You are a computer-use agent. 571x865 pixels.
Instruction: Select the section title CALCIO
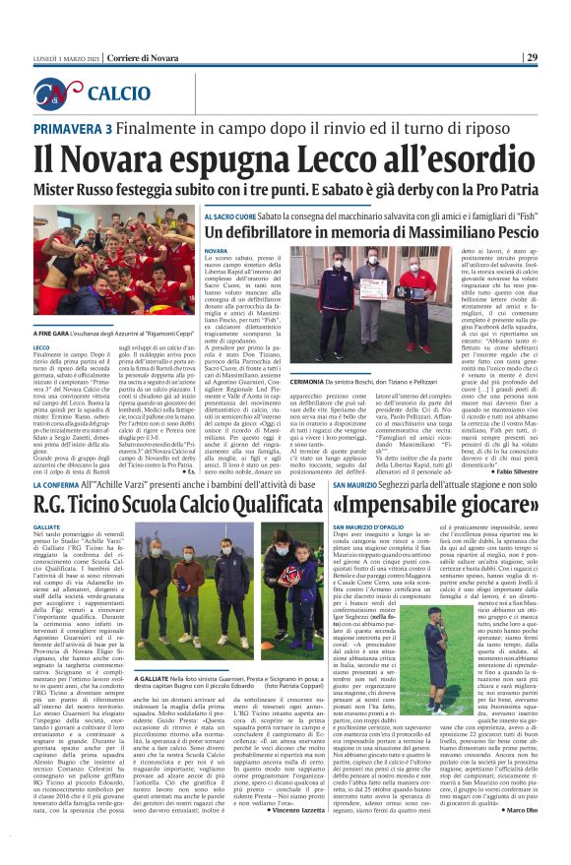(x=119, y=94)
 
